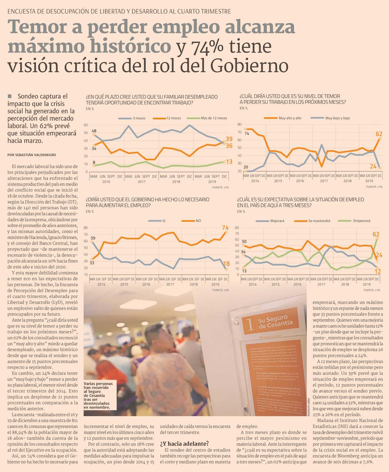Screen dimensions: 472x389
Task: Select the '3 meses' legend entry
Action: click(139, 118)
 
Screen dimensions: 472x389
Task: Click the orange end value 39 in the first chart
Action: click(229, 139)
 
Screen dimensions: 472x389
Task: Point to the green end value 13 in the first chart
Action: click(229, 162)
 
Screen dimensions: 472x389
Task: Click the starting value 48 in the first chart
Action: click(94, 131)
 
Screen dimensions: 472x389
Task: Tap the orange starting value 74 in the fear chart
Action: click(246, 133)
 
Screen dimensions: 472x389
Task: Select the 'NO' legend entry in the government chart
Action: click(198, 221)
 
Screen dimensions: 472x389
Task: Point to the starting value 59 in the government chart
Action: click(93, 238)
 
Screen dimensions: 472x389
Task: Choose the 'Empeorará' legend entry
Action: click(362, 221)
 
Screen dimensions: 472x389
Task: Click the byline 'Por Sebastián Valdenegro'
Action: click(32, 155)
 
